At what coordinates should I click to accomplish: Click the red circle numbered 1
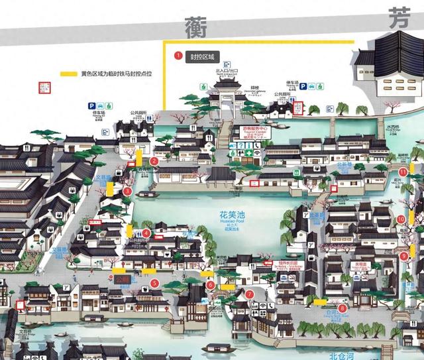pyautogui.click(x=178, y=56)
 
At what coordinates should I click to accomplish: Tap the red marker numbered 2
pyautogui.click(x=154, y=160)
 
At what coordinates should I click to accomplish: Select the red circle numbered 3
pyautogui.click(x=127, y=191)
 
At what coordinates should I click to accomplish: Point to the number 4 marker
pyautogui.click(x=146, y=233)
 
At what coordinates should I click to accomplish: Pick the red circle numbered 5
pyautogui.click(x=154, y=283)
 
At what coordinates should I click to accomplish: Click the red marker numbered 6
pyautogui.click(x=210, y=285)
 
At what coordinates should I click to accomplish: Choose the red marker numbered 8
pyautogui.click(x=342, y=308)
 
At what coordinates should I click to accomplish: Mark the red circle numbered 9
pyautogui.click(x=404, y=256)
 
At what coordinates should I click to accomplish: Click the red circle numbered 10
pyautogui.click(x=401, y=219)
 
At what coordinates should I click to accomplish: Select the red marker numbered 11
pyautogui.click(x=403, y=172)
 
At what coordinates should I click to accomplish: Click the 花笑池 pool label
pyautogui.click(x=232, y=215)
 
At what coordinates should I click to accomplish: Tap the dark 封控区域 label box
pyautogui.click(x=201, y=56)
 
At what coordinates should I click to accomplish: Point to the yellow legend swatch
pyautogui.click(x=68, y=74)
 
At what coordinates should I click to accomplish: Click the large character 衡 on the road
pyautogui.click(x=197, y=29)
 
